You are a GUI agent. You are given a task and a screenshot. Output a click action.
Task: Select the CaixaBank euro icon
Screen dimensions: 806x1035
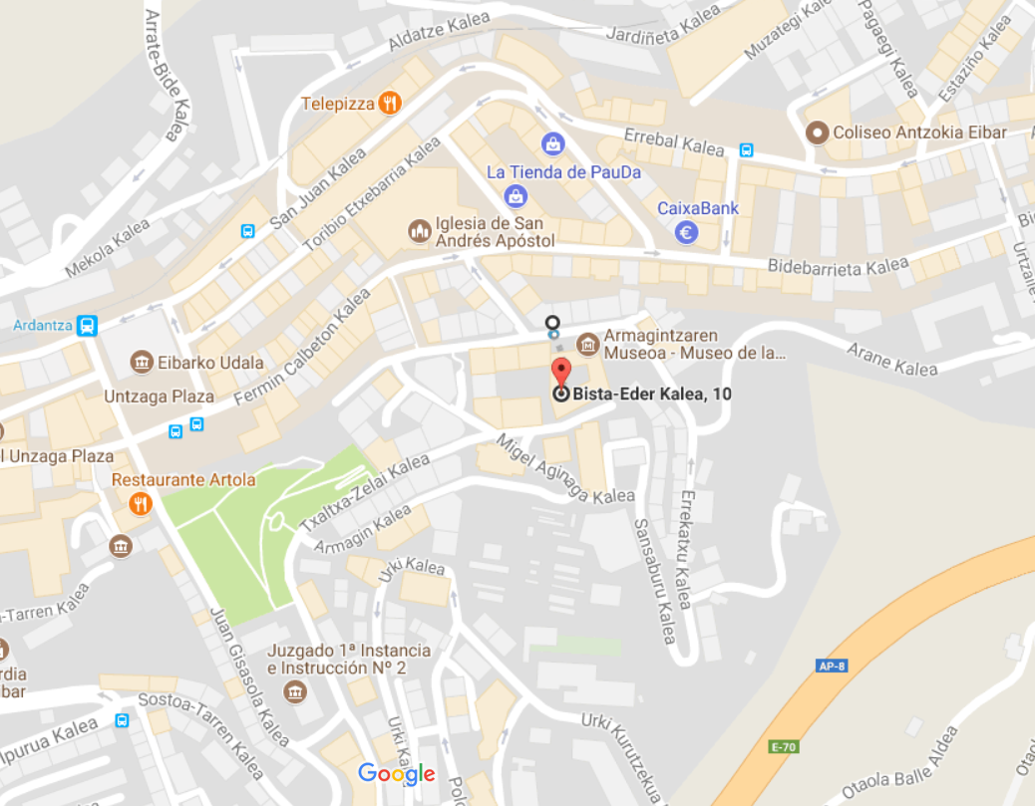(685, 233)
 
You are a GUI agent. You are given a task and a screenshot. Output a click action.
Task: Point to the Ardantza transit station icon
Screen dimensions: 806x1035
(87, 325)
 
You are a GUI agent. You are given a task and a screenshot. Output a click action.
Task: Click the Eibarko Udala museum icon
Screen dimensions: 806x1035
(142, 362)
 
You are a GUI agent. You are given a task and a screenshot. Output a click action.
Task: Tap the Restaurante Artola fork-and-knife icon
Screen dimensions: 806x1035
(141, 504)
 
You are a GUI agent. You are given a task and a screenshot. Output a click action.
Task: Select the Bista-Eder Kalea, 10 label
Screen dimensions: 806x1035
(652, 395)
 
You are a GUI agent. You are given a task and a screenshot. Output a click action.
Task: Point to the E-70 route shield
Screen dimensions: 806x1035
(785, 746)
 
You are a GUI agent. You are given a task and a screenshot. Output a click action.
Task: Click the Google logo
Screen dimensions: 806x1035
(397, 773)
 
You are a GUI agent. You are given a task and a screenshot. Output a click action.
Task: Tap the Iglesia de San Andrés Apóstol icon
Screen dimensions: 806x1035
(420, 231)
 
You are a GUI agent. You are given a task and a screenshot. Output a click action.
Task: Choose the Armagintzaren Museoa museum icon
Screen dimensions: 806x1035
(587, 345)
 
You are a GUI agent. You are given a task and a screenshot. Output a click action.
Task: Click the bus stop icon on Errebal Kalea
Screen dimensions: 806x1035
(746, 150)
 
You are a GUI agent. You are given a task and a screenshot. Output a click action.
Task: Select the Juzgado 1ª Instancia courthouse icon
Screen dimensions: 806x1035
(295, 690)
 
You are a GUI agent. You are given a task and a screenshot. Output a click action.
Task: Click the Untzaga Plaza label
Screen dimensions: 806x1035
(159, 397)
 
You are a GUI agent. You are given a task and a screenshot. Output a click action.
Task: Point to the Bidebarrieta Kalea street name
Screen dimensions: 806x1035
(838, 266)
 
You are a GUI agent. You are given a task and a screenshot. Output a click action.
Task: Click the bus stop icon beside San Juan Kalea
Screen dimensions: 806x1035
(247, 231)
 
